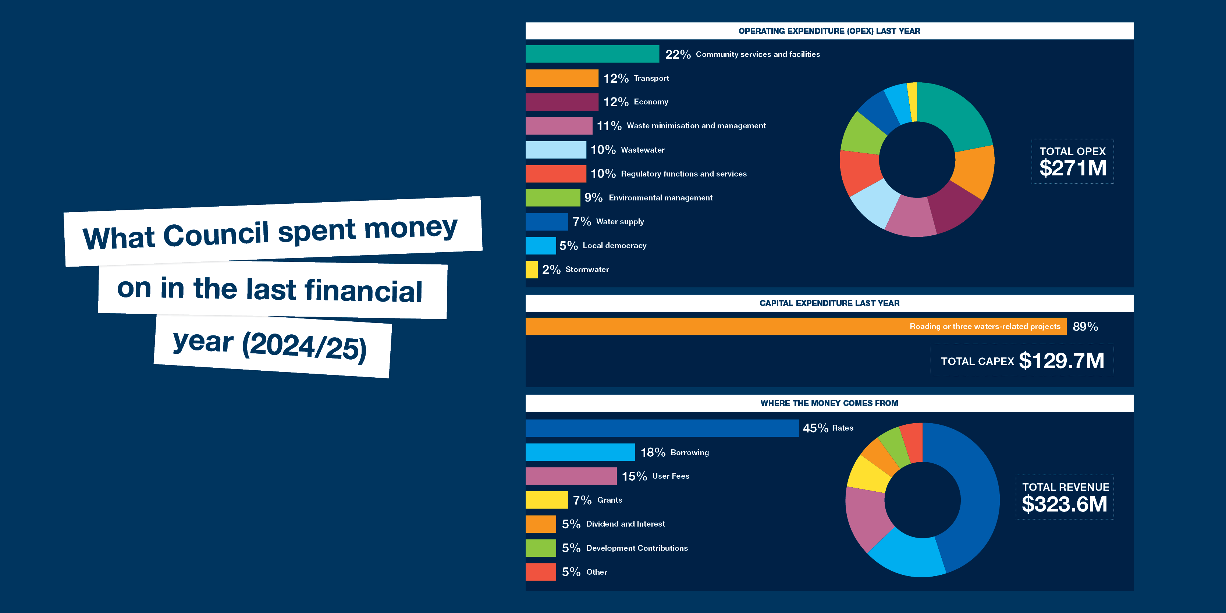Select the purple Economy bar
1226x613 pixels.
coord(562,102)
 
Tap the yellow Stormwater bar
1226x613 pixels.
coord(531,270)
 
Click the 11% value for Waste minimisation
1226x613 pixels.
coord(609,126)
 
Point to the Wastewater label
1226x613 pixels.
coord(643,150)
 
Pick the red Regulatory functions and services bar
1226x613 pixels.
coord(555,174)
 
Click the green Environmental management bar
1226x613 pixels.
coord(552,197)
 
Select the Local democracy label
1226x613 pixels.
coord(614,246)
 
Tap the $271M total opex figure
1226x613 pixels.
coord(1073,168)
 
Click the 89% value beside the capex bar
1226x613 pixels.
coord(1085,327)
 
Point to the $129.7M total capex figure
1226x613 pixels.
coord(1061,361)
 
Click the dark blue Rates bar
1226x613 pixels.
coord(661,428)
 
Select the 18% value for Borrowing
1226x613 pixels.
coord(653,452)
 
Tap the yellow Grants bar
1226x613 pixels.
coord(546,500)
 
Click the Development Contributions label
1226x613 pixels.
coord(637,548)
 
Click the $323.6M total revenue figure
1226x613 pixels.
coord(1065,505)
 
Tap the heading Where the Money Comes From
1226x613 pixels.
coord(829,403)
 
